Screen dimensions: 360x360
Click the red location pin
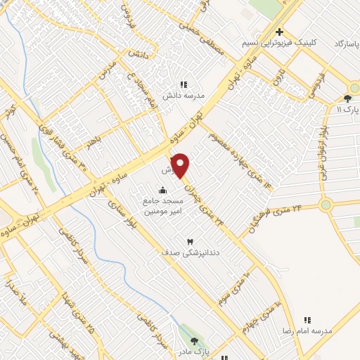[x=181, y=165]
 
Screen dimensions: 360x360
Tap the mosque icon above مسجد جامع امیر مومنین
[x=163, y=189]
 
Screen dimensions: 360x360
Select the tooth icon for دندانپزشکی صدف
[x=189, y=242]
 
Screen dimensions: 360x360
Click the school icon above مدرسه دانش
[x=184, y=85]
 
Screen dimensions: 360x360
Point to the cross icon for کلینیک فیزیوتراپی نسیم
[x=280, y=32]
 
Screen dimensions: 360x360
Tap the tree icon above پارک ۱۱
[x=347, y=98]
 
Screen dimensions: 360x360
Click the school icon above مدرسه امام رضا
[x=307, y=320]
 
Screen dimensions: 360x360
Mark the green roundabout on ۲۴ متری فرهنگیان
[x=326, y=205]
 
